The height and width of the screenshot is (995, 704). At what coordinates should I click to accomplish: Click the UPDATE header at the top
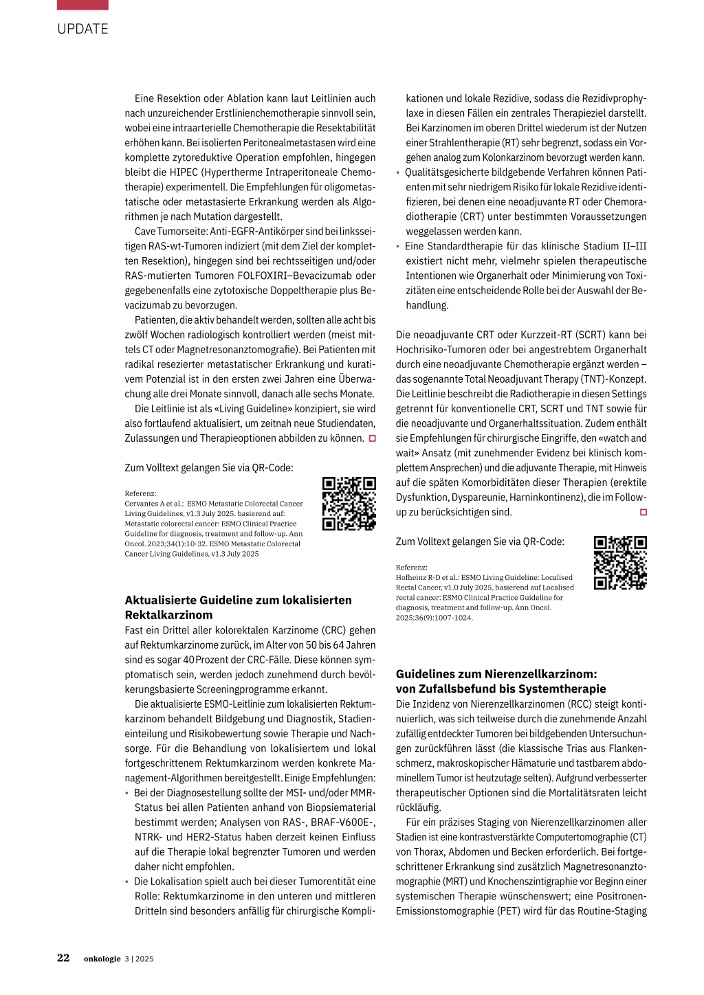coord(82,29)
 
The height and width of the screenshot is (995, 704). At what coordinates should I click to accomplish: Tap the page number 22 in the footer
coord(63,958)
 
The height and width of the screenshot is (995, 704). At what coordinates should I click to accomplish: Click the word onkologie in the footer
coord(102,959)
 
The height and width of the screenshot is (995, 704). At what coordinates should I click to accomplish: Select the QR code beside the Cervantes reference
coord(349,504)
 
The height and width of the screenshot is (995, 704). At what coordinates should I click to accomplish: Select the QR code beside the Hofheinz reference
coord(620,563)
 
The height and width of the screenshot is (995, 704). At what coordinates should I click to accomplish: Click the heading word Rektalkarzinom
coord(168,615)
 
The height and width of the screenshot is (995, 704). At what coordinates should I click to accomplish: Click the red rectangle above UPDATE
coord(82,5)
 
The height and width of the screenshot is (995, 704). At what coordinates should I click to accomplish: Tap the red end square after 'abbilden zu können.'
coord(373,438)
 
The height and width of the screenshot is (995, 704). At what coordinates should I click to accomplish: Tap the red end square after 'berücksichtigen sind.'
coord(643,512)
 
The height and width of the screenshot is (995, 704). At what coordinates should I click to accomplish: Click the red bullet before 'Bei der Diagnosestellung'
coord(126,793)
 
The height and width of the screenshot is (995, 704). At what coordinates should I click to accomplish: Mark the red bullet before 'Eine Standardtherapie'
coord(397,246)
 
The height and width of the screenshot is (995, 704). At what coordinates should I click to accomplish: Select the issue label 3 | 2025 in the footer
coord(139,959)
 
